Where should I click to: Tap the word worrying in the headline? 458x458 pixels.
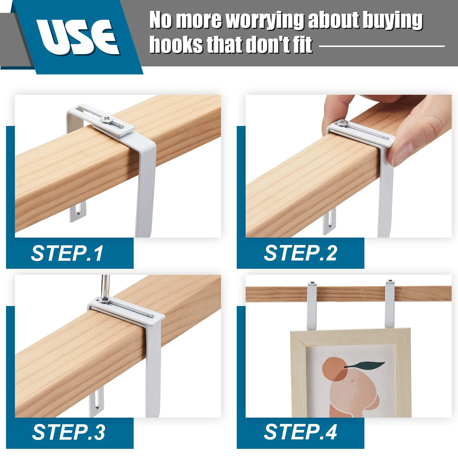[265, 21]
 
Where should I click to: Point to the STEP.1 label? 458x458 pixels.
[67, 253]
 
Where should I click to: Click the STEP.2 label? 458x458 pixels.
[301, 253]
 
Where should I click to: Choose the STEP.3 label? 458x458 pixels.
[68, 432]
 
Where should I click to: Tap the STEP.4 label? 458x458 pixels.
[301, 432]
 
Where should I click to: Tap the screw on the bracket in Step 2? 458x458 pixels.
[342, 123]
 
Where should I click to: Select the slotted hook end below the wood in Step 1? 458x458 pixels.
[78, 211]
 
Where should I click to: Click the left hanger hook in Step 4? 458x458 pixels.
[312, 305]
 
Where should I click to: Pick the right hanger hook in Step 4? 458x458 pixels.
[389, 304]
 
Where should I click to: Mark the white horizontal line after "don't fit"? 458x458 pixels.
[382, 46]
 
